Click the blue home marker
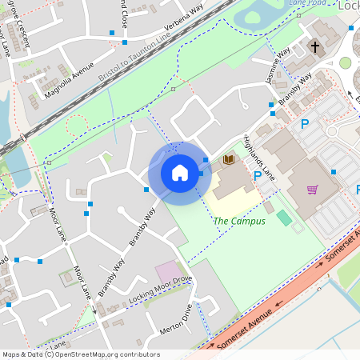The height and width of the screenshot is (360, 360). [x=180, y=173]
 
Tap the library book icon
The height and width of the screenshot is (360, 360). [x=230, y=160]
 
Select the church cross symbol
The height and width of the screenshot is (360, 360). [x=314, y=47]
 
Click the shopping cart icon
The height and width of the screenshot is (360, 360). [x=312, y=190]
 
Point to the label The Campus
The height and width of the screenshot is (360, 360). [x=239, y=221]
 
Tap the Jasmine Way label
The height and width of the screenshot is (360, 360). [x=276, y=69]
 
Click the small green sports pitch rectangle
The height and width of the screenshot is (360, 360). [x=284, y=217]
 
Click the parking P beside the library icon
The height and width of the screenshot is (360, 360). [x=257, y=175]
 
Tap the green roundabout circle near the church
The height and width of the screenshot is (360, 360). [x=346, y=62]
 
